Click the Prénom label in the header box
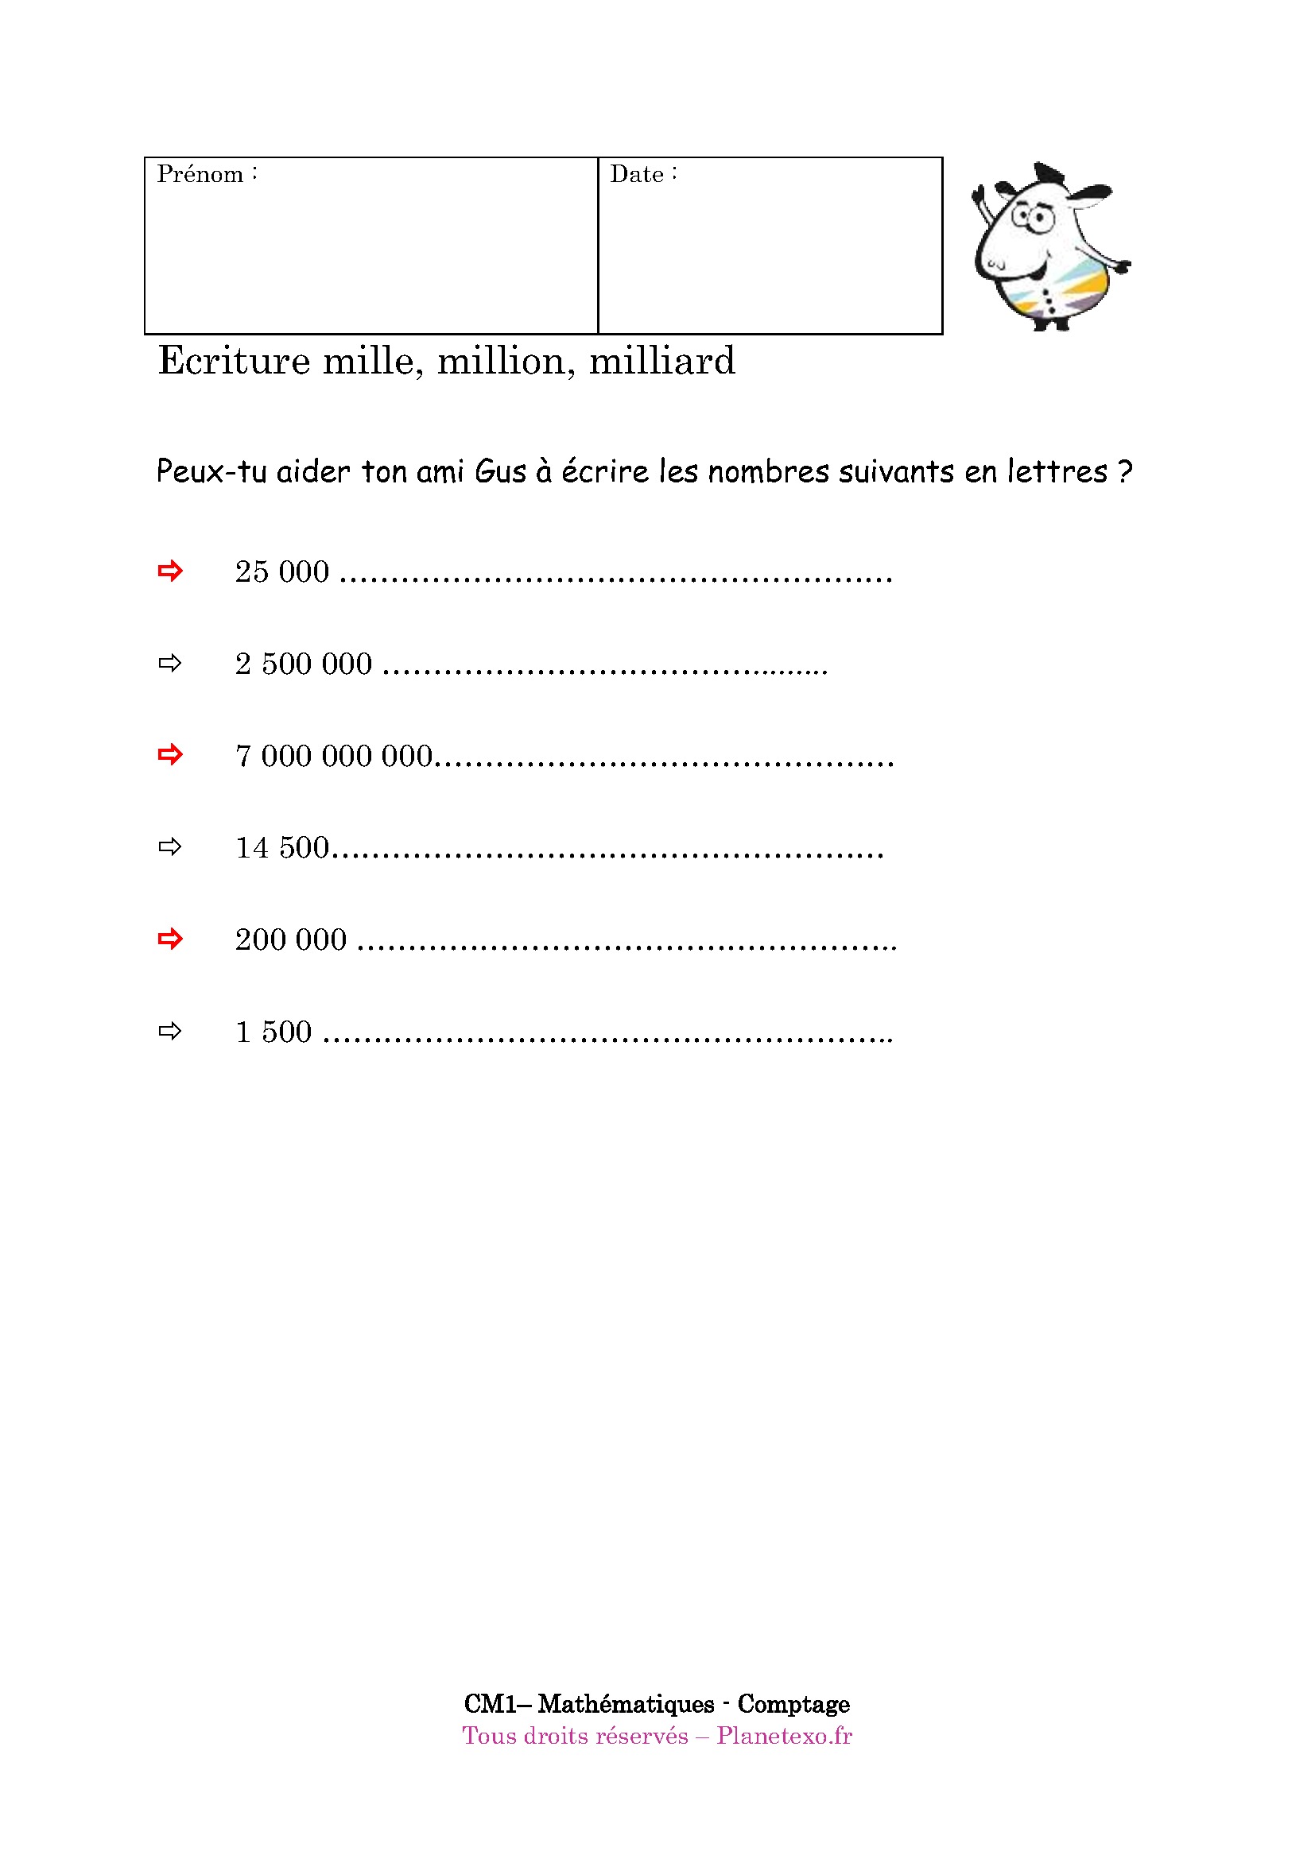tap(200, 175)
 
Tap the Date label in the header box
tap(638, 175)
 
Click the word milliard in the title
tap(661, 361)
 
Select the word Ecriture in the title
tap(234, 361)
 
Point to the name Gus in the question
tap(499, 472)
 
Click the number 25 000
tap(281, 572)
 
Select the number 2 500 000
tap(304, 664)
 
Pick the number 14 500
tap(281, 849)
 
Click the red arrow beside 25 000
tap(170, 571)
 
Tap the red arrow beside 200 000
tap(170, 939)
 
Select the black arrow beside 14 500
tap(170, 848)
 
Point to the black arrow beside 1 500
tap(170, 1032)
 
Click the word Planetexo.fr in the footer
tap(784, 1736)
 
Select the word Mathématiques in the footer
tap(626, 1704)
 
